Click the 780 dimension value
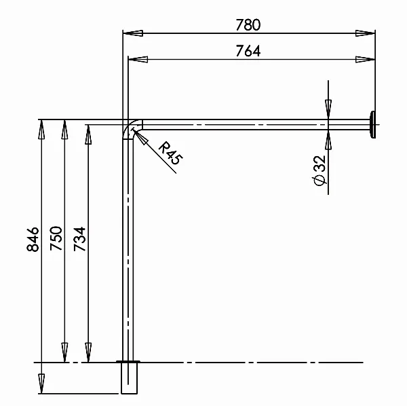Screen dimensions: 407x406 click(x=248, y=25)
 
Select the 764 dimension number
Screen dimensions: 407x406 click(x=248, y=51)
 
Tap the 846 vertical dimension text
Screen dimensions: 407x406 click(x=33, y=239)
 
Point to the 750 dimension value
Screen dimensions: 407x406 click(x=56, y=238)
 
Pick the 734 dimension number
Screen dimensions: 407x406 click(x=79, y=239)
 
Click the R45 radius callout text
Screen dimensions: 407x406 click(x=170, y=153)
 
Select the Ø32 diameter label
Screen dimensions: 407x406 click(x=319, y=170)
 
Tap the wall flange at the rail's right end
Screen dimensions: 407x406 click(x=372, y=125)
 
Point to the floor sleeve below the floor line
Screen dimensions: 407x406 click(x=129, y=378)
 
